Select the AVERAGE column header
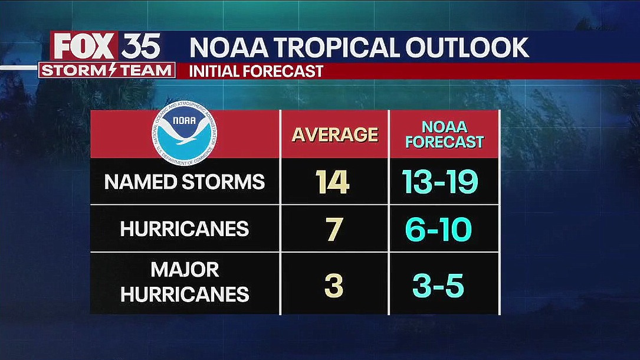334,135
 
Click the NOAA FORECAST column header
444,135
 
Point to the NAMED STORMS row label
185,182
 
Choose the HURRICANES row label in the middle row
185,229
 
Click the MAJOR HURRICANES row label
185,282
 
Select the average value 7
334,229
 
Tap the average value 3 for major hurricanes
334,286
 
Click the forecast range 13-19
440,182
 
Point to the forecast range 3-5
438,286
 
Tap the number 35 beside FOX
141,47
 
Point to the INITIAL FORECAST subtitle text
256,71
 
